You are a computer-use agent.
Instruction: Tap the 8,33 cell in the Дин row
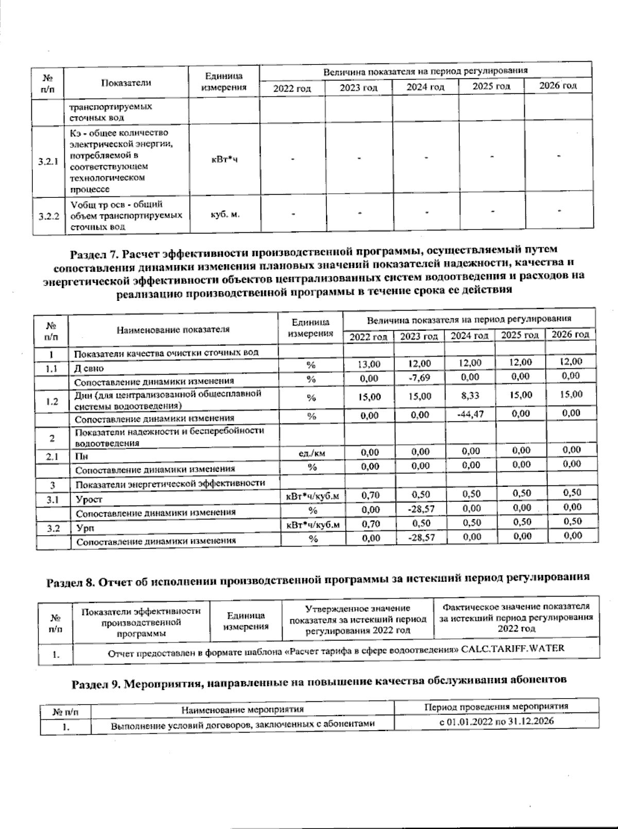tap(470, 396)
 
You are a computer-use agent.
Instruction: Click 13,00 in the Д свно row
tap(368, 364)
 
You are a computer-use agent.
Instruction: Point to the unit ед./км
tap(312, 453)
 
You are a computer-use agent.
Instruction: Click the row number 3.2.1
tap(48, 161)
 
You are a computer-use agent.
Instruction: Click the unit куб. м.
tap(225, 213)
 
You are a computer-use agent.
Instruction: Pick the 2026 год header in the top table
tap(557, 86)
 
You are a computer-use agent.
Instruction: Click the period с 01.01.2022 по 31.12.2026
tap(496, 721)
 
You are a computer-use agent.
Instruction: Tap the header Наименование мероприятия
tap(242, 709)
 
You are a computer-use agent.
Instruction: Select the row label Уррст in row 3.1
tap(89, 499)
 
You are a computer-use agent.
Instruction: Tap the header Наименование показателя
tap(172, 329)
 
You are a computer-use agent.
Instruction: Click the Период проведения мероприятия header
tap(496, 706)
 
